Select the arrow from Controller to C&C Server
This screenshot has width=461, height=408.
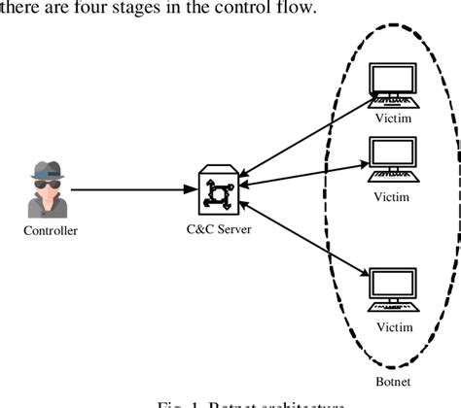click(131, 189)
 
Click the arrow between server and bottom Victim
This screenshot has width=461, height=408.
click(301, 233)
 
